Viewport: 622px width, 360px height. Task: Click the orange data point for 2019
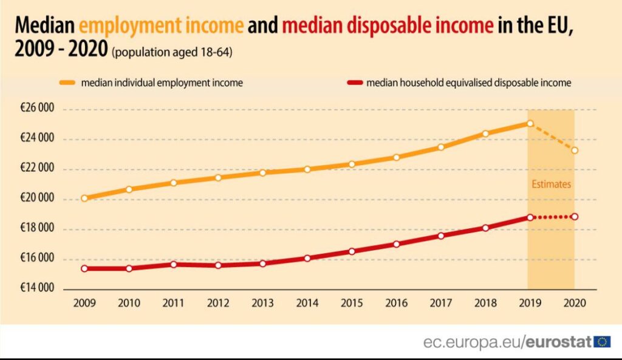coord(530,123)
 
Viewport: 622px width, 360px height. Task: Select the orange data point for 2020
coord(574,150)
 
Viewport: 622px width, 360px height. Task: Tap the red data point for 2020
coord(574,217)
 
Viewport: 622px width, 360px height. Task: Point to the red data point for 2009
coord(84,268)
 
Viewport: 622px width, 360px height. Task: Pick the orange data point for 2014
coord(307,169)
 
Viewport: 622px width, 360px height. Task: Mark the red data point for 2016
coord(396,244)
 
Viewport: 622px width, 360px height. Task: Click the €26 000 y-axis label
coord(37,109)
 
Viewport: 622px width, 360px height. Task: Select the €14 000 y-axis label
coord(37,288)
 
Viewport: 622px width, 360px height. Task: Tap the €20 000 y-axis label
coord(37,199)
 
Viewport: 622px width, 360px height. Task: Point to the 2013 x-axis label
coord(262,302)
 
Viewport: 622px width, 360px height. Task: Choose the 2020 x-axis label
coord(574,302)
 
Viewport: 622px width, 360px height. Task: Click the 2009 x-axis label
coord(84,302)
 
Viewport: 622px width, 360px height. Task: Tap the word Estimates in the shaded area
coord(551,184)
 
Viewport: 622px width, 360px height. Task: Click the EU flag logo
coord(603,342)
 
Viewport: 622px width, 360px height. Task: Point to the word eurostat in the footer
coord(559,342)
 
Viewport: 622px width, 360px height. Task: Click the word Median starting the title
coord(44,26)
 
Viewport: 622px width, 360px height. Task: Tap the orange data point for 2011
coord(174,183)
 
